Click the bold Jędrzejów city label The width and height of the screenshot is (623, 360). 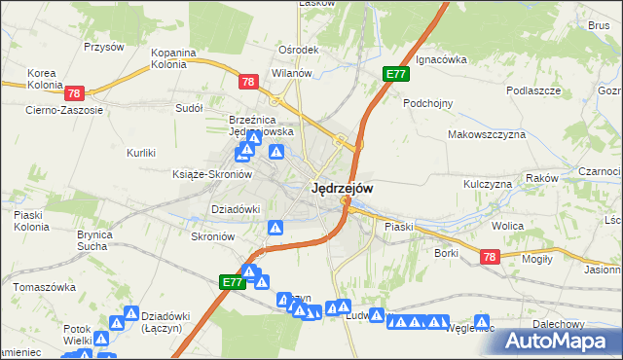pyautogui.click(x=341, y=190)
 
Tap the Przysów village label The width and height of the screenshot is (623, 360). pyautogui.click(x=104, y=47)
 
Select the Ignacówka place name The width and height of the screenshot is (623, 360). pyautogui.click(x=441, y=59)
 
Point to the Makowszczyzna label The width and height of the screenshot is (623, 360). pyautogui.click(x=487, y=134)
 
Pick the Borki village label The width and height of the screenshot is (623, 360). pyautogui.click(x=447, y=253)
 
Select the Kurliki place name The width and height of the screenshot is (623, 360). pyautogui.click(x=142, y=153)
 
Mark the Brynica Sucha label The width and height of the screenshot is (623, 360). pyautogui.click(x=103, y=240)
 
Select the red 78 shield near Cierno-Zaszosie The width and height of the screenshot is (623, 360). pyautogui.click(x=74, y=93)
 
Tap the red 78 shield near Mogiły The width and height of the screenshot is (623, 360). pyautogui.click(x=490, y=257)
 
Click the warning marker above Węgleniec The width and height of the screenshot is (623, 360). pyautogui.click(x=481, y=322)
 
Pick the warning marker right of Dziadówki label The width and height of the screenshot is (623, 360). pyautogui.click(x=276, y=228)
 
